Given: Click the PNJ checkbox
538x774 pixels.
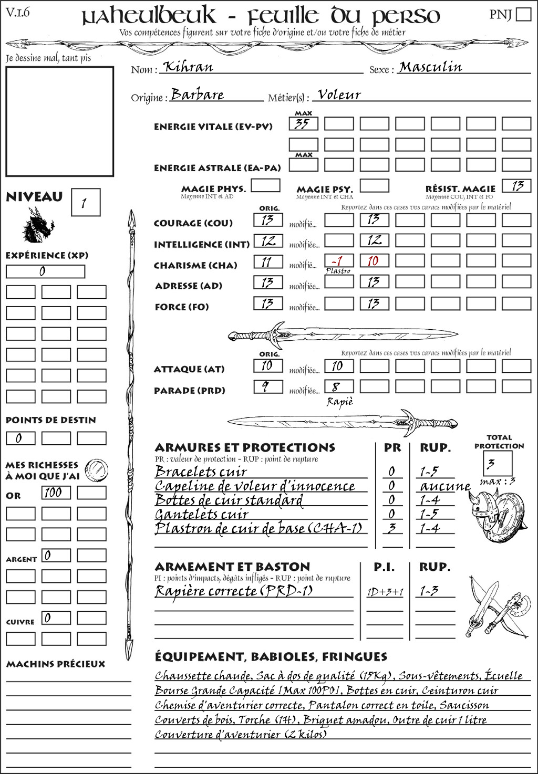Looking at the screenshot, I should tap(523, 14).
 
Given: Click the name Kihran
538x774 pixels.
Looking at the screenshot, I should tap(188, 67).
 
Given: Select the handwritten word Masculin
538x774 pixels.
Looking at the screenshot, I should tap(430, 67).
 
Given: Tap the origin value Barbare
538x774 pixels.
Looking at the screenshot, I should tap(198, 95).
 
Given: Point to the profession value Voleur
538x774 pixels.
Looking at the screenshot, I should tap(339, 95).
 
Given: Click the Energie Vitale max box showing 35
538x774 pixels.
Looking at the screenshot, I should tap(303, 124).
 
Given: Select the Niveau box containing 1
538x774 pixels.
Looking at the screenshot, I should tap(85, 203).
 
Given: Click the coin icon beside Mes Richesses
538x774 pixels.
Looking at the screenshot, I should tap(97, 468).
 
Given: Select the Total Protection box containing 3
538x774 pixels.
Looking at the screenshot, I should tap(497, 463).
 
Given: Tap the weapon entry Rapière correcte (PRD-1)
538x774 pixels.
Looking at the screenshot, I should tap(234, 591).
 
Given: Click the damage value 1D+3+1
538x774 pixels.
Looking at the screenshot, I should tap(385, 592).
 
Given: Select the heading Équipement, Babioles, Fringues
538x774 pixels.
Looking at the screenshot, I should tap(271, 656).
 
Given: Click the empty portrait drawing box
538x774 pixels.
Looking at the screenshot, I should tap(59, 121).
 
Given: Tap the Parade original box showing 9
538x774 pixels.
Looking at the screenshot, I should tap(267, 387).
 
